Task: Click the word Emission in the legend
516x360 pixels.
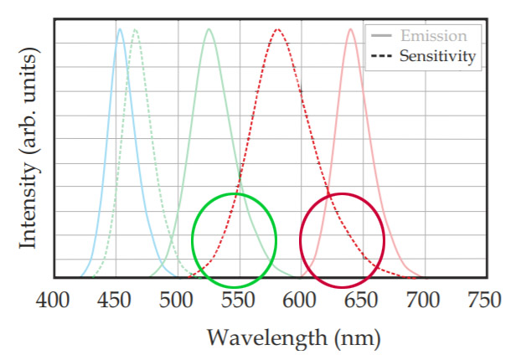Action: [434, 36]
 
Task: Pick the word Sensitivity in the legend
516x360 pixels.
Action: [438, 57]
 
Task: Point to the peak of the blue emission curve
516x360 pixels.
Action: [120, 30]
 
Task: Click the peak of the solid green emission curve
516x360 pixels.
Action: [209, 30]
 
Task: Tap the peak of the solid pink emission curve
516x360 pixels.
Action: [351, 30]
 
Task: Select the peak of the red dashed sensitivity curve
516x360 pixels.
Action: [277, 30]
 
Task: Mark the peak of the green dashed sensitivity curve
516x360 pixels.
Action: [135, 30]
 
